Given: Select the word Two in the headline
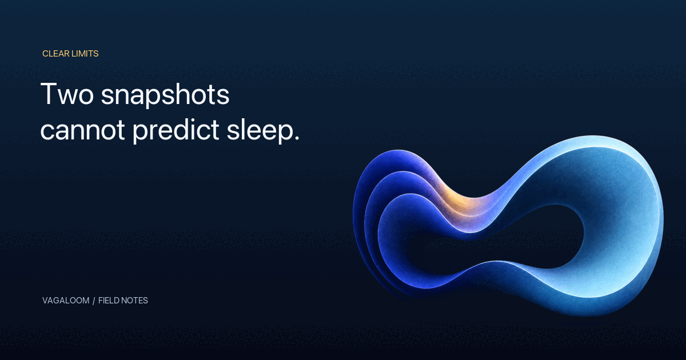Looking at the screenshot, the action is coord(67,94).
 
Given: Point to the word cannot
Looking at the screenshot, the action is coord(82,130).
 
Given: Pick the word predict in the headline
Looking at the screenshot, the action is coord(176,130).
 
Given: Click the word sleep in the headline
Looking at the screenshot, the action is coord(260,130).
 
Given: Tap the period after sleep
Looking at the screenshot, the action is coord(297,138).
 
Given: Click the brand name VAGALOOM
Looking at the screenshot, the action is coord(66,301).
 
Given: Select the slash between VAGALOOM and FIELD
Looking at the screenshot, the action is coord(94,301).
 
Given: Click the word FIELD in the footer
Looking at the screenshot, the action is coord(109,301).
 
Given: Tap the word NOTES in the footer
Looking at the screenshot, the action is coord(134,301).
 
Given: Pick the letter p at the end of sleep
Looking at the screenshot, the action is coord(285,132).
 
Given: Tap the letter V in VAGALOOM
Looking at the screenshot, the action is coord(45,301).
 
